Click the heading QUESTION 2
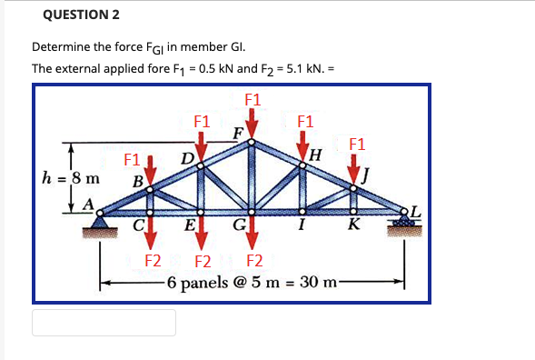[80, 15]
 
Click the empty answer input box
[104, 323]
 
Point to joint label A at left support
[89, 205]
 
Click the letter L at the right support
[417, 211]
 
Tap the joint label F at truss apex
[237, 133]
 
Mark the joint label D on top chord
[184, 161]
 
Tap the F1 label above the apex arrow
[254, 99]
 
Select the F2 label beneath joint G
[256, 262]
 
